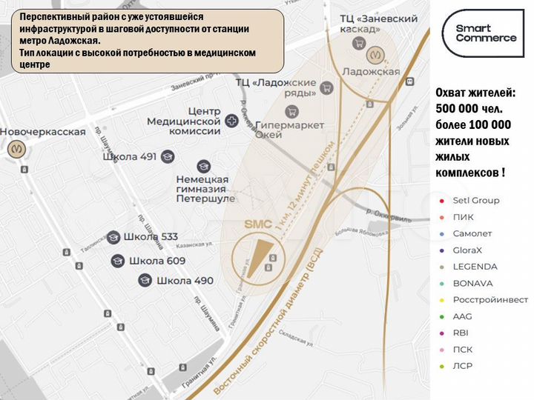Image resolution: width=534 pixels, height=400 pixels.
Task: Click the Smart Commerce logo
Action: [485, 33]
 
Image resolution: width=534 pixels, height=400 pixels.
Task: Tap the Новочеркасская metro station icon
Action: [17, 149]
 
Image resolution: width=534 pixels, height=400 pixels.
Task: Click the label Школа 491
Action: [132, 156]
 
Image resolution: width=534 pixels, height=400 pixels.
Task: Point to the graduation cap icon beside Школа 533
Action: [113, 237]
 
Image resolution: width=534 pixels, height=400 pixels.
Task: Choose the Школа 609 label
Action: [157, 261]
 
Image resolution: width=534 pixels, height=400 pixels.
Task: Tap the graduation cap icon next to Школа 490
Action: [145, 280]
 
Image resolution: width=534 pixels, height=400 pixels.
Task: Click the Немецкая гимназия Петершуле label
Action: [205, 189]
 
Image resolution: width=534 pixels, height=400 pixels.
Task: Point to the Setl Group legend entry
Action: [475, 200]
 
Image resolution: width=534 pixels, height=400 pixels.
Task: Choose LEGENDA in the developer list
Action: [475, 267]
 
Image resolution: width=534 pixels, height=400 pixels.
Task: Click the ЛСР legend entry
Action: [463, 366]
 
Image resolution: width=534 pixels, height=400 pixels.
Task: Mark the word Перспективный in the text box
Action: [56, 17]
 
